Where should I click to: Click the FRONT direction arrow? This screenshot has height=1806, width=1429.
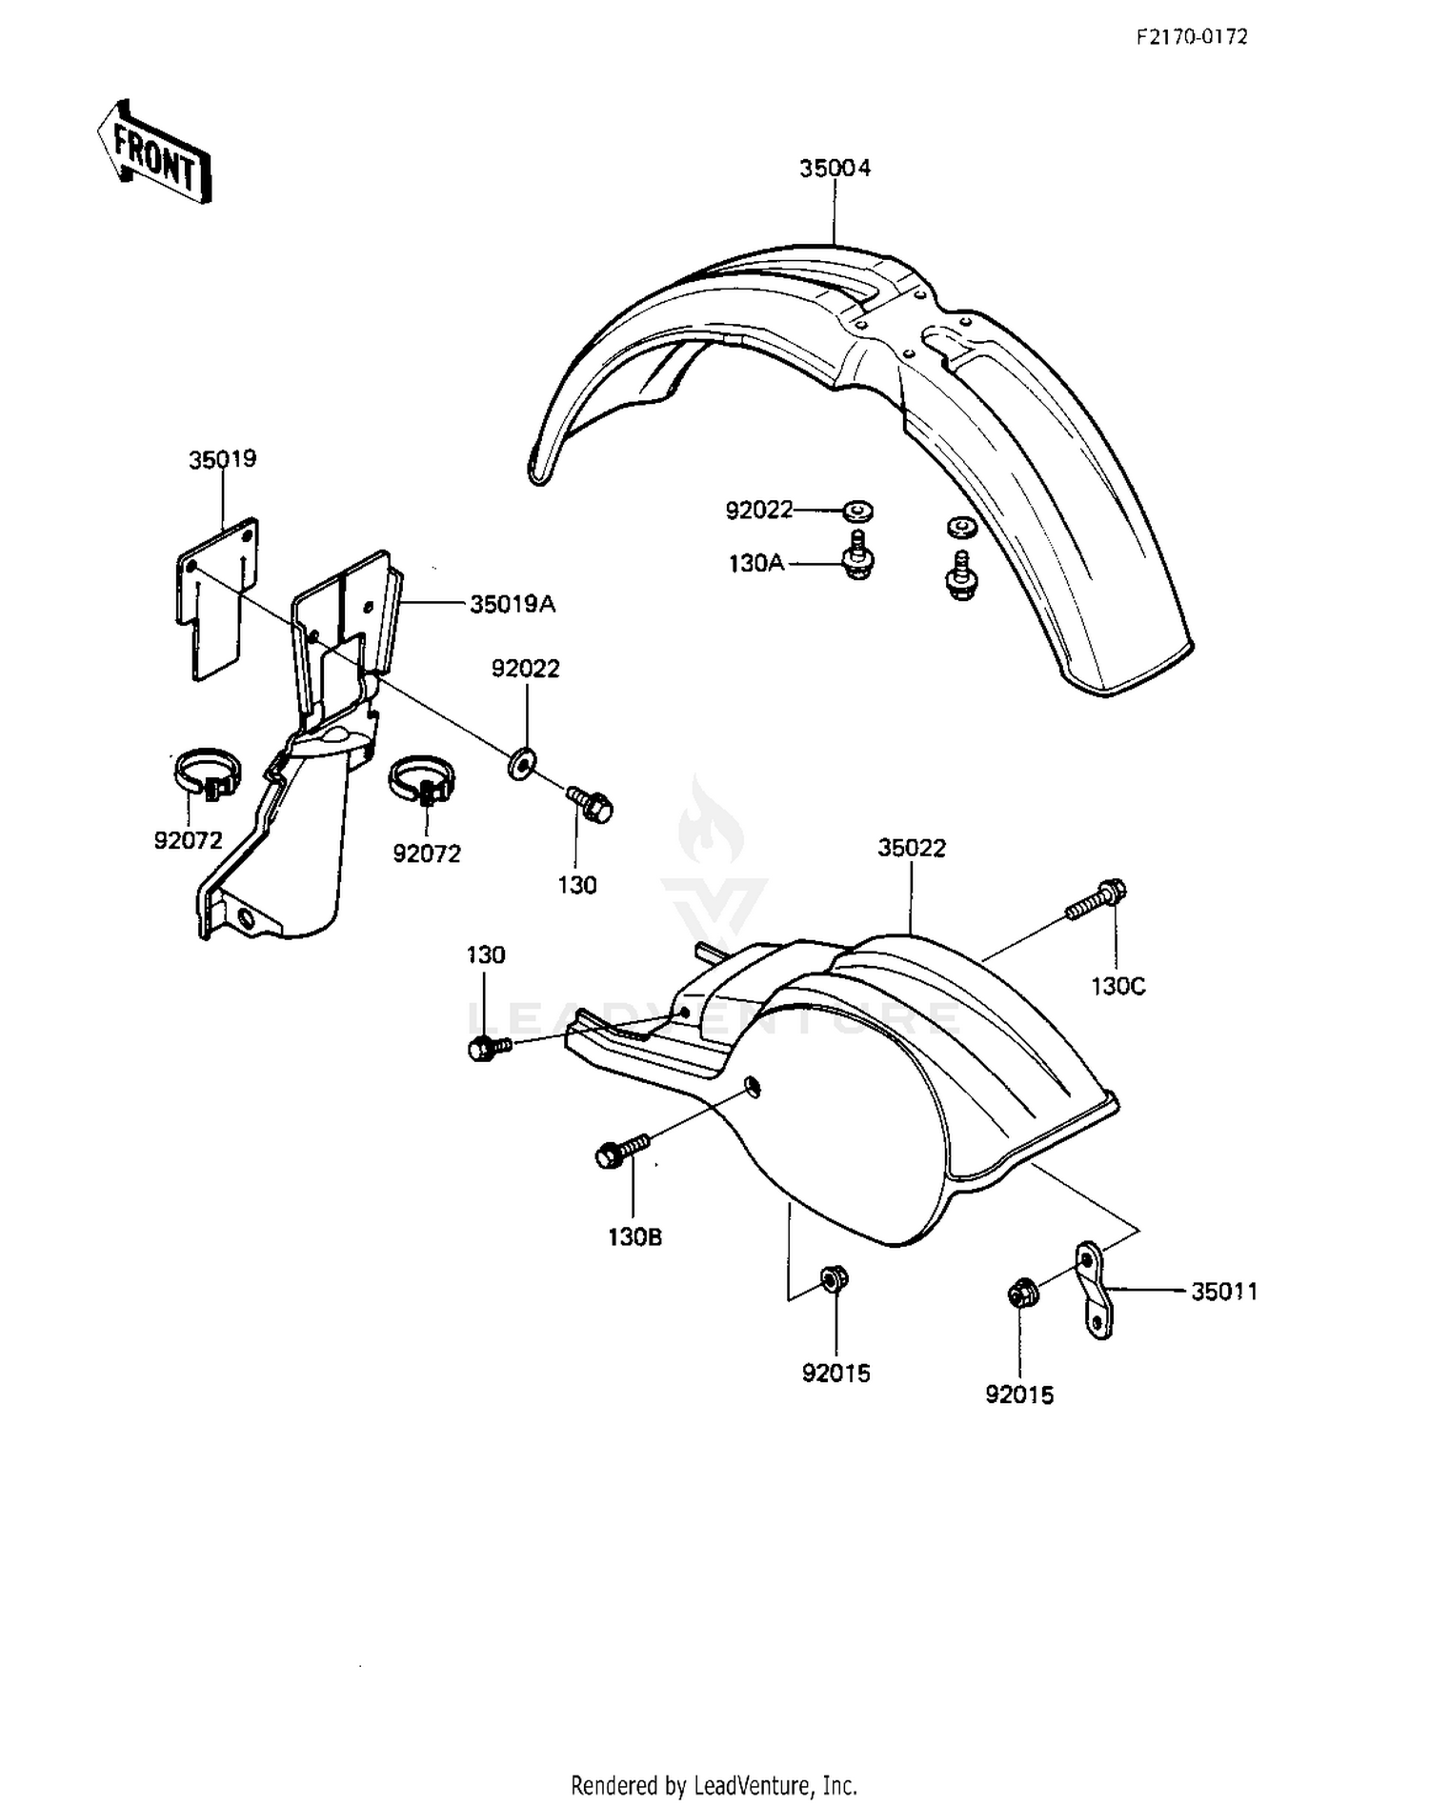152,152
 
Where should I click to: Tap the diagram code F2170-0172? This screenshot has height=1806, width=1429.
1191,37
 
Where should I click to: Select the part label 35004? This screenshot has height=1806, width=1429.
835,169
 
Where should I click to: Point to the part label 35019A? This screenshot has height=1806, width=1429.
513,604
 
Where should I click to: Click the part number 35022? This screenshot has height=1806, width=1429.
912,848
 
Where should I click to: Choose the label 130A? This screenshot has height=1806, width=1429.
756,564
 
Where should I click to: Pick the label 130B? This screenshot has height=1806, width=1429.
634,1237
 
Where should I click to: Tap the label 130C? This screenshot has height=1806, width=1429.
1118,986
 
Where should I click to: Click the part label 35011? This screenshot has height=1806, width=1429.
1224,1292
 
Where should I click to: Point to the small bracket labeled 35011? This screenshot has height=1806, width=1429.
1093,1290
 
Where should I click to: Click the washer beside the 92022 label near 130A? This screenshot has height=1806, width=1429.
858,512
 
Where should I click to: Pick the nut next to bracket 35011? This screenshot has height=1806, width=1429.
1023,1294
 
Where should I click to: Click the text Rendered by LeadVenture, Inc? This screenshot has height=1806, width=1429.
714,1784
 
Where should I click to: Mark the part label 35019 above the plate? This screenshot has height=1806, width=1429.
223,459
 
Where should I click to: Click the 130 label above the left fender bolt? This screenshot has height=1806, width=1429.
486,954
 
